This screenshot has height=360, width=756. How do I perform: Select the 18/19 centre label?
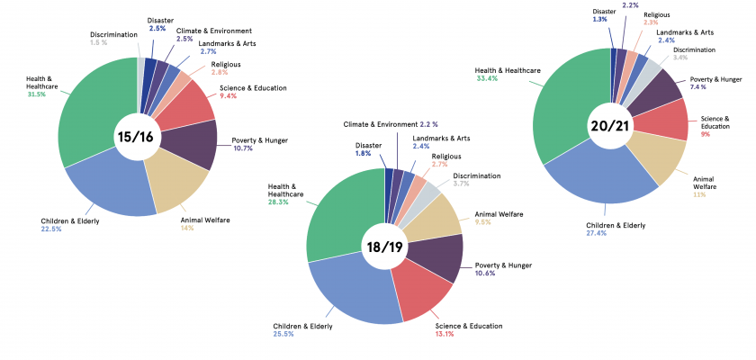(385, 246)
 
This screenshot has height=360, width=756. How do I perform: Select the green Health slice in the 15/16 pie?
(90, 117)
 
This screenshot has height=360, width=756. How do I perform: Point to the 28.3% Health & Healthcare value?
(280, 202)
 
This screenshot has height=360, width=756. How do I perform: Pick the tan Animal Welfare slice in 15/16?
(175, 180)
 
